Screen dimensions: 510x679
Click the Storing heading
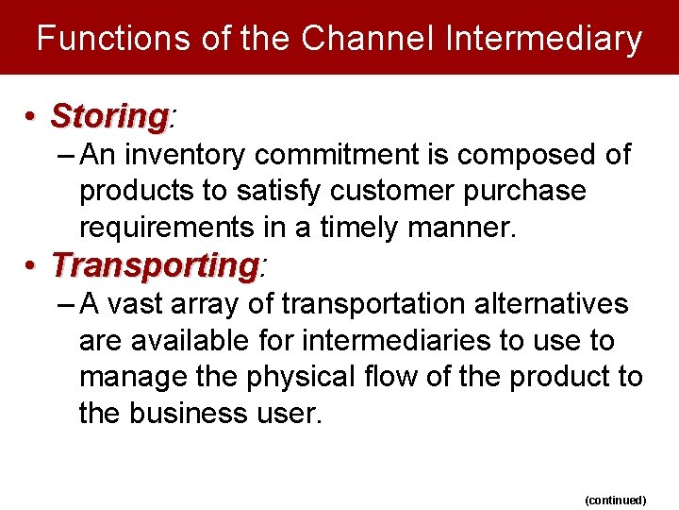(x=109, y=116)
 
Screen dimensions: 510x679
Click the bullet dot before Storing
(x=31, y=117)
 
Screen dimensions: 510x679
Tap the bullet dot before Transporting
(x=31, y=265)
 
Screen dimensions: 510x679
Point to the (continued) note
(x=615, y=500)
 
